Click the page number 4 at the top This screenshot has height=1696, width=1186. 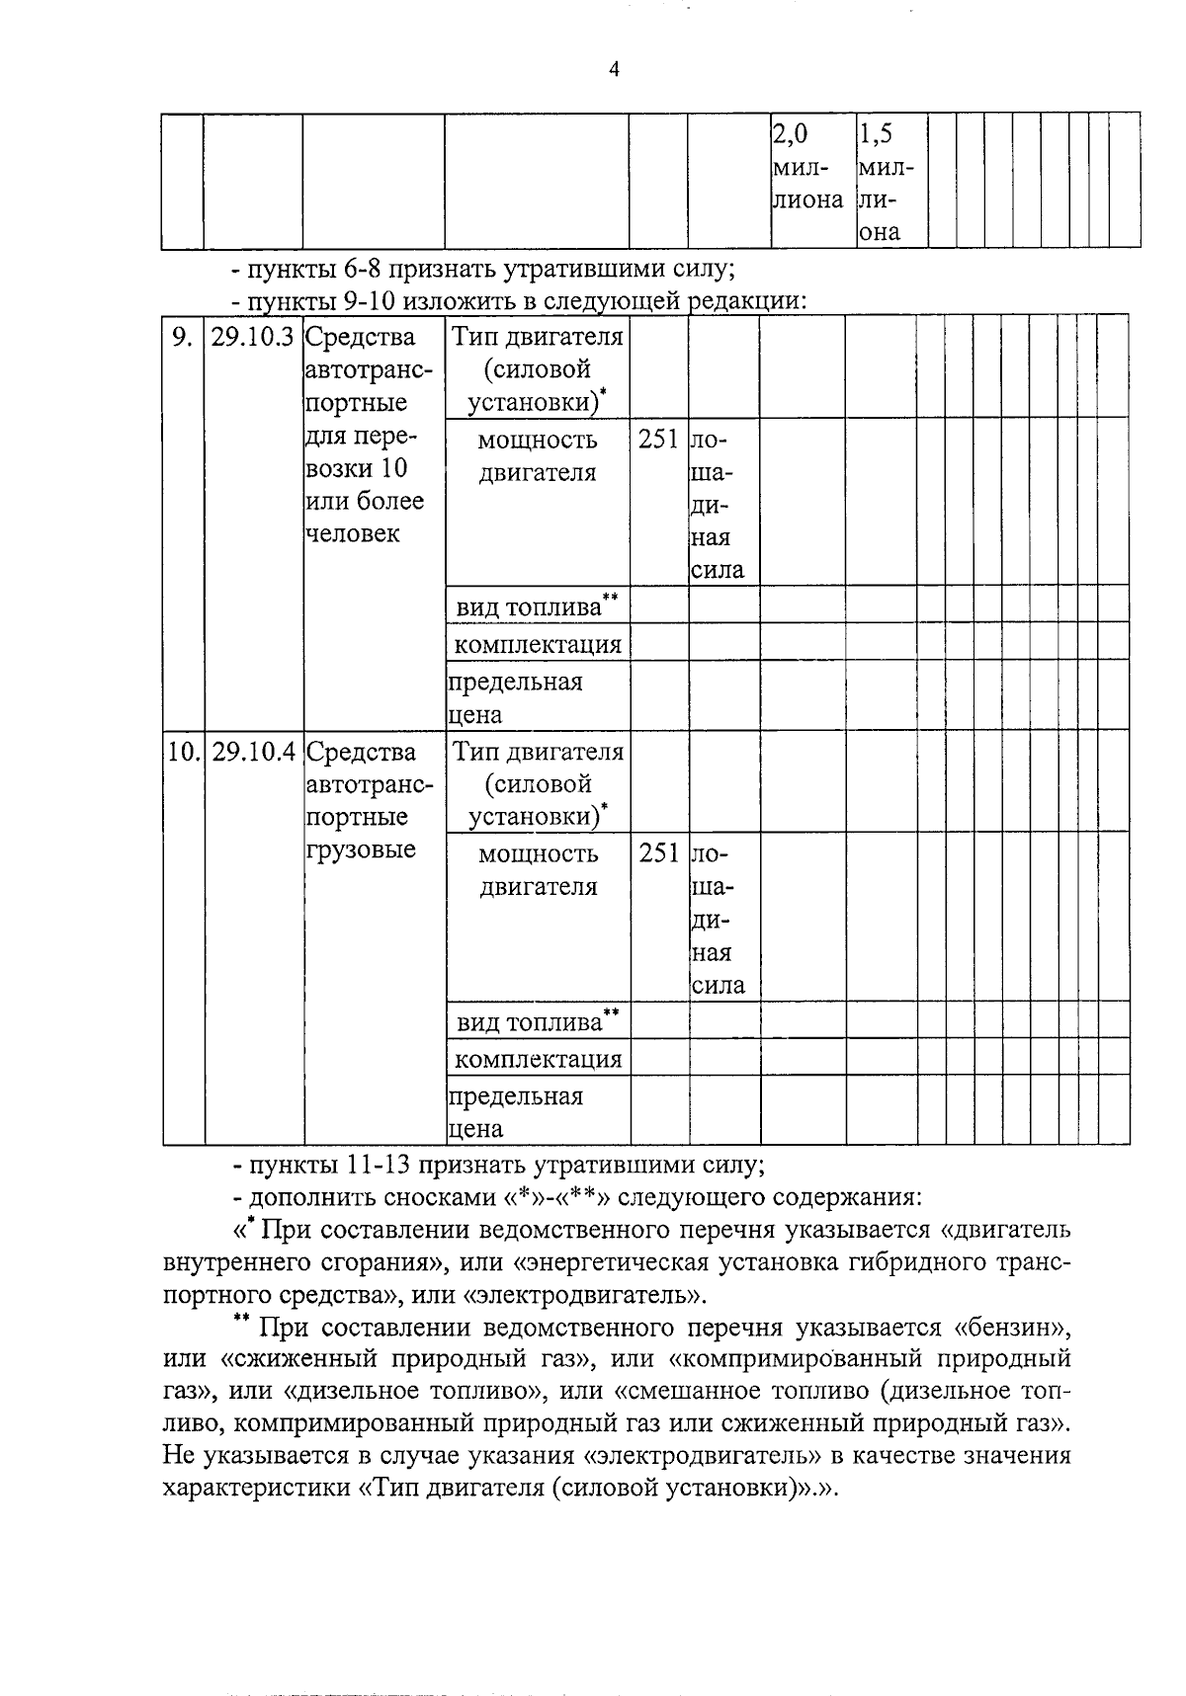pos(615,69)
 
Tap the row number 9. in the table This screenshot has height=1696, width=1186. pos(182,337)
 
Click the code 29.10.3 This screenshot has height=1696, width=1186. pos(253,337)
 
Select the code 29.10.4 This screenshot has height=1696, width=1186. pos(253,752)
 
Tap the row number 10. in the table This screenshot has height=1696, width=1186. pos(183,752)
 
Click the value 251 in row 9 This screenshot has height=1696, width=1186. pos(658,439)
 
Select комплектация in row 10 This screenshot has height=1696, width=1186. pos(538,1060)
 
